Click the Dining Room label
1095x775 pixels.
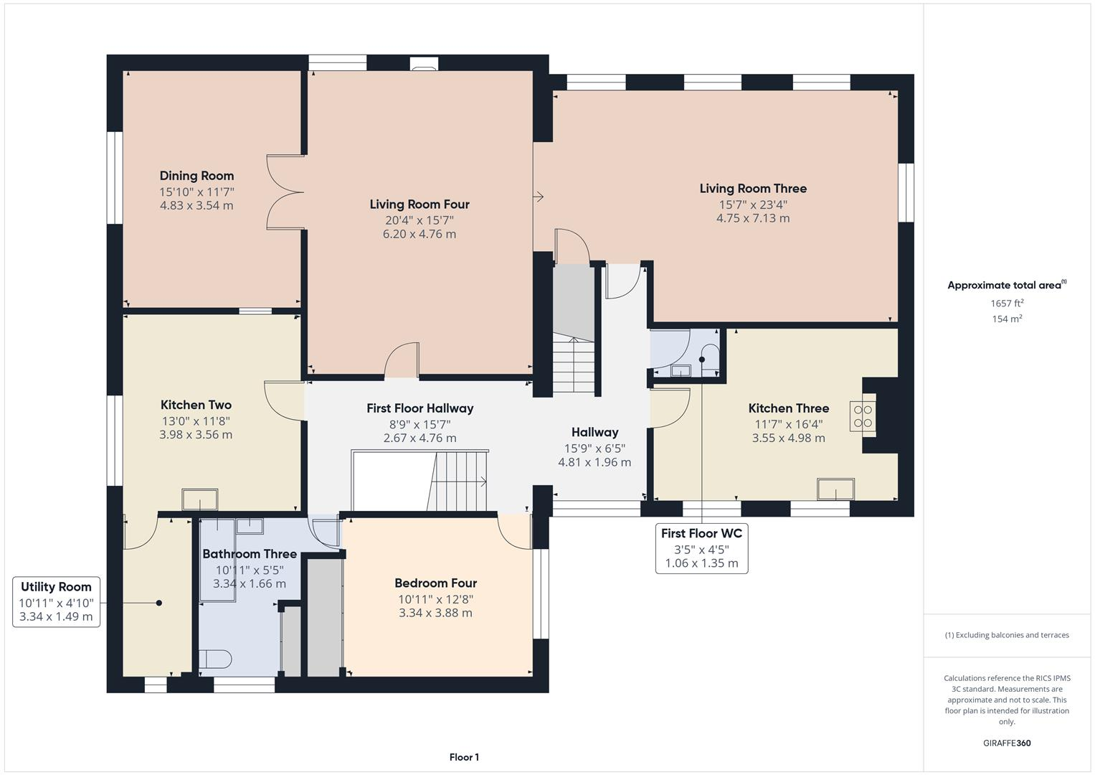coord(196,176)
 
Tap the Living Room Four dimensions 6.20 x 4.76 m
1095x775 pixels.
coord(419,234)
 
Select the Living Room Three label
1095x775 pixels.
coord(753,189)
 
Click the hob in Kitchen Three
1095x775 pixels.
coord(863,416)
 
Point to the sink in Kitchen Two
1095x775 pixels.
coord(200,499)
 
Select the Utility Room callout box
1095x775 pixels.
coord(56,601)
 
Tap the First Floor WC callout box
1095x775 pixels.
coord(701,548)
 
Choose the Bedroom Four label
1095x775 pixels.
coord(435,583)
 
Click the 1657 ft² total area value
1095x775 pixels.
coord(1007,304)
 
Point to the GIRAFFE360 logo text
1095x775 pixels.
coord(1006,743)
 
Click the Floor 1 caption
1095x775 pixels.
coord(464,757)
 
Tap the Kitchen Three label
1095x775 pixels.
coord(788,408)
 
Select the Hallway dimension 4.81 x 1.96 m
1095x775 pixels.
coord(594,462)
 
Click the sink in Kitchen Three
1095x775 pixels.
coord(835,489)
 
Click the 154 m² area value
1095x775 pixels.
coord(1007,319)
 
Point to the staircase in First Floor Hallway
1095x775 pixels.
coord(459,479)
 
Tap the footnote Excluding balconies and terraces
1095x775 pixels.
coord(1007,635)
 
